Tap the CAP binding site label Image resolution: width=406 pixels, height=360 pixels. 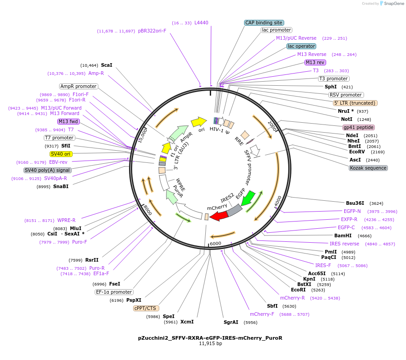click(x=264, y=23)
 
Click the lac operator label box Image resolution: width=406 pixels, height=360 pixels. click(x=301, y=46)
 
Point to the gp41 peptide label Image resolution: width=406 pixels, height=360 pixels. click(x=359, y=127)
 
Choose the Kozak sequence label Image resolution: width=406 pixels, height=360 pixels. click(x=368, y=168)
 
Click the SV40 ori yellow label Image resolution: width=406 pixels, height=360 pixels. click(x=61, y=154)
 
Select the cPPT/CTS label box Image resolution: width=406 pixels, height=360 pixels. click(x=145, y=309)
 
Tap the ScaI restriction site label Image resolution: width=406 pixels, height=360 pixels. click(x=106, y=65)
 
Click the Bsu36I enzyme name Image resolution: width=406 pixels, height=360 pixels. click(x=355, y=203)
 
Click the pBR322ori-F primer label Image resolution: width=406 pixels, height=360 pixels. click(x=152, y=31)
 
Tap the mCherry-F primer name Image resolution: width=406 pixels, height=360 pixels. click(x=262, y=314)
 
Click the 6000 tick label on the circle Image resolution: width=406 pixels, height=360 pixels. click(x=215, y=244)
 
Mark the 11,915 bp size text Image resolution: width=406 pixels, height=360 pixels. click(x=210, y=344)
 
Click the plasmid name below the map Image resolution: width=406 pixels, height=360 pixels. click(x=210, y=337)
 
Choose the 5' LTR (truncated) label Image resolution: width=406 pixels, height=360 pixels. click(x=355, y=103)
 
